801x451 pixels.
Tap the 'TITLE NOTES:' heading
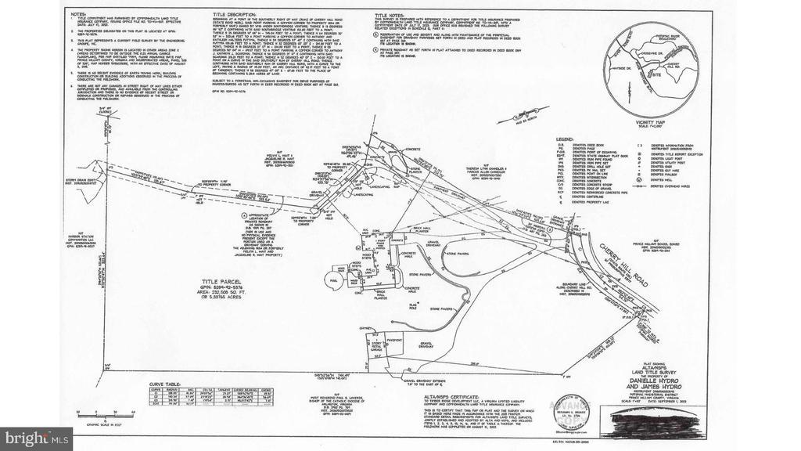click(388, 14)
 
